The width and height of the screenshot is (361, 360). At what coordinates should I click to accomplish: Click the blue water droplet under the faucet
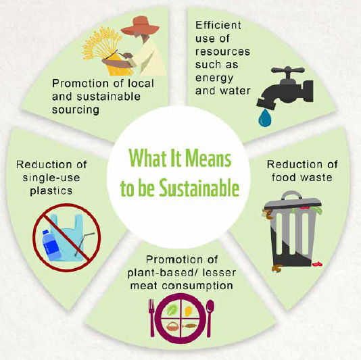click(x=265, y=118)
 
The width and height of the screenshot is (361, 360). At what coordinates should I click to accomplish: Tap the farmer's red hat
click(x=140, y=26)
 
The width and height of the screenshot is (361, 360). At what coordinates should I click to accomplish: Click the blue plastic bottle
click(x=51, y=245)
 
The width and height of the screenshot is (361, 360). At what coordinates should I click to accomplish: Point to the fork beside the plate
click(x=151, y=317)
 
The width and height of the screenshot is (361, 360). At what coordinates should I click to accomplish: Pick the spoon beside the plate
click(x=210, y=317)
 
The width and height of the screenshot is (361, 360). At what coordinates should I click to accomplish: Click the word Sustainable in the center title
click(x=199, y=188)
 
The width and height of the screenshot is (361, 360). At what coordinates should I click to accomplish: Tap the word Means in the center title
click(x=208, y=158)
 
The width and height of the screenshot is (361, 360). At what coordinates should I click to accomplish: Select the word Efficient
click(x=218, y=25)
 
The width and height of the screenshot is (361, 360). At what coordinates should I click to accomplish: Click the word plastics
click(x=51, y=191)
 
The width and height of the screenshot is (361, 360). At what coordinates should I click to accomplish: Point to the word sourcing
click(x=76, y=110)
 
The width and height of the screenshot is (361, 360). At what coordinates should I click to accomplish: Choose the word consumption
click(x=197, y=286)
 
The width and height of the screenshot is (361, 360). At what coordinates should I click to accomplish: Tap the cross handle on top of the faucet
click(x=288, y=70)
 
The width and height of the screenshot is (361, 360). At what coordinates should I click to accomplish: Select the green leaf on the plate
click(x=172, y=309)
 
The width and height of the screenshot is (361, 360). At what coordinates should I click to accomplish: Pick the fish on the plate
click(x=189, y=326)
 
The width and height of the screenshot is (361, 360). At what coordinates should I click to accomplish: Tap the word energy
click(x=214, y=78)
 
